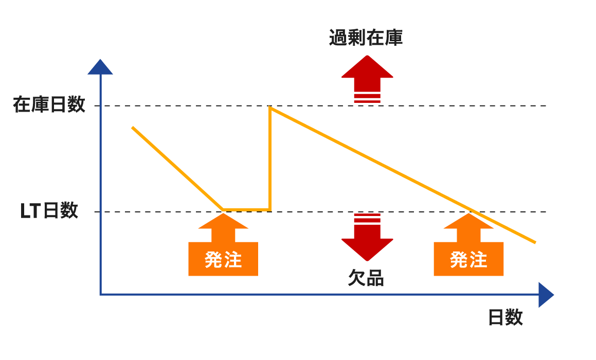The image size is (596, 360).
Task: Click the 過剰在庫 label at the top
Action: click(366, 38)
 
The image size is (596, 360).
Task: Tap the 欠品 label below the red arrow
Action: click(366, 278)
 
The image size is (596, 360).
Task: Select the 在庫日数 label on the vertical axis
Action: click(49, 104)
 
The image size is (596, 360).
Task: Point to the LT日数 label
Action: click(49, 211)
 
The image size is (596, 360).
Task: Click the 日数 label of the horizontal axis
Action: click(505, 317)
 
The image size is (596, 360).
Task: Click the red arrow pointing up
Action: click(367, 79)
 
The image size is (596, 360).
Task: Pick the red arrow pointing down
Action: click(367, 237)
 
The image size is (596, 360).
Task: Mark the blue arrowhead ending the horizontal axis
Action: click(546, 295)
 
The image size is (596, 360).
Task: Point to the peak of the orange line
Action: click(270, 107)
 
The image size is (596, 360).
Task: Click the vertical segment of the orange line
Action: click(270, 158)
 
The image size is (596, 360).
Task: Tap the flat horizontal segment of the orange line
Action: click(246, 209)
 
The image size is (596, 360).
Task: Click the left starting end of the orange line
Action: click(132, 128)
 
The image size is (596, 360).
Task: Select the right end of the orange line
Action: click(535, 242)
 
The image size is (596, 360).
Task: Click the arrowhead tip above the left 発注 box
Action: click(223, 213)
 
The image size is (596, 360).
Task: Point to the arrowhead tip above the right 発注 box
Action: click(468, 213)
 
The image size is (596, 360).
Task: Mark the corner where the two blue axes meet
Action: click(100, 295)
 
